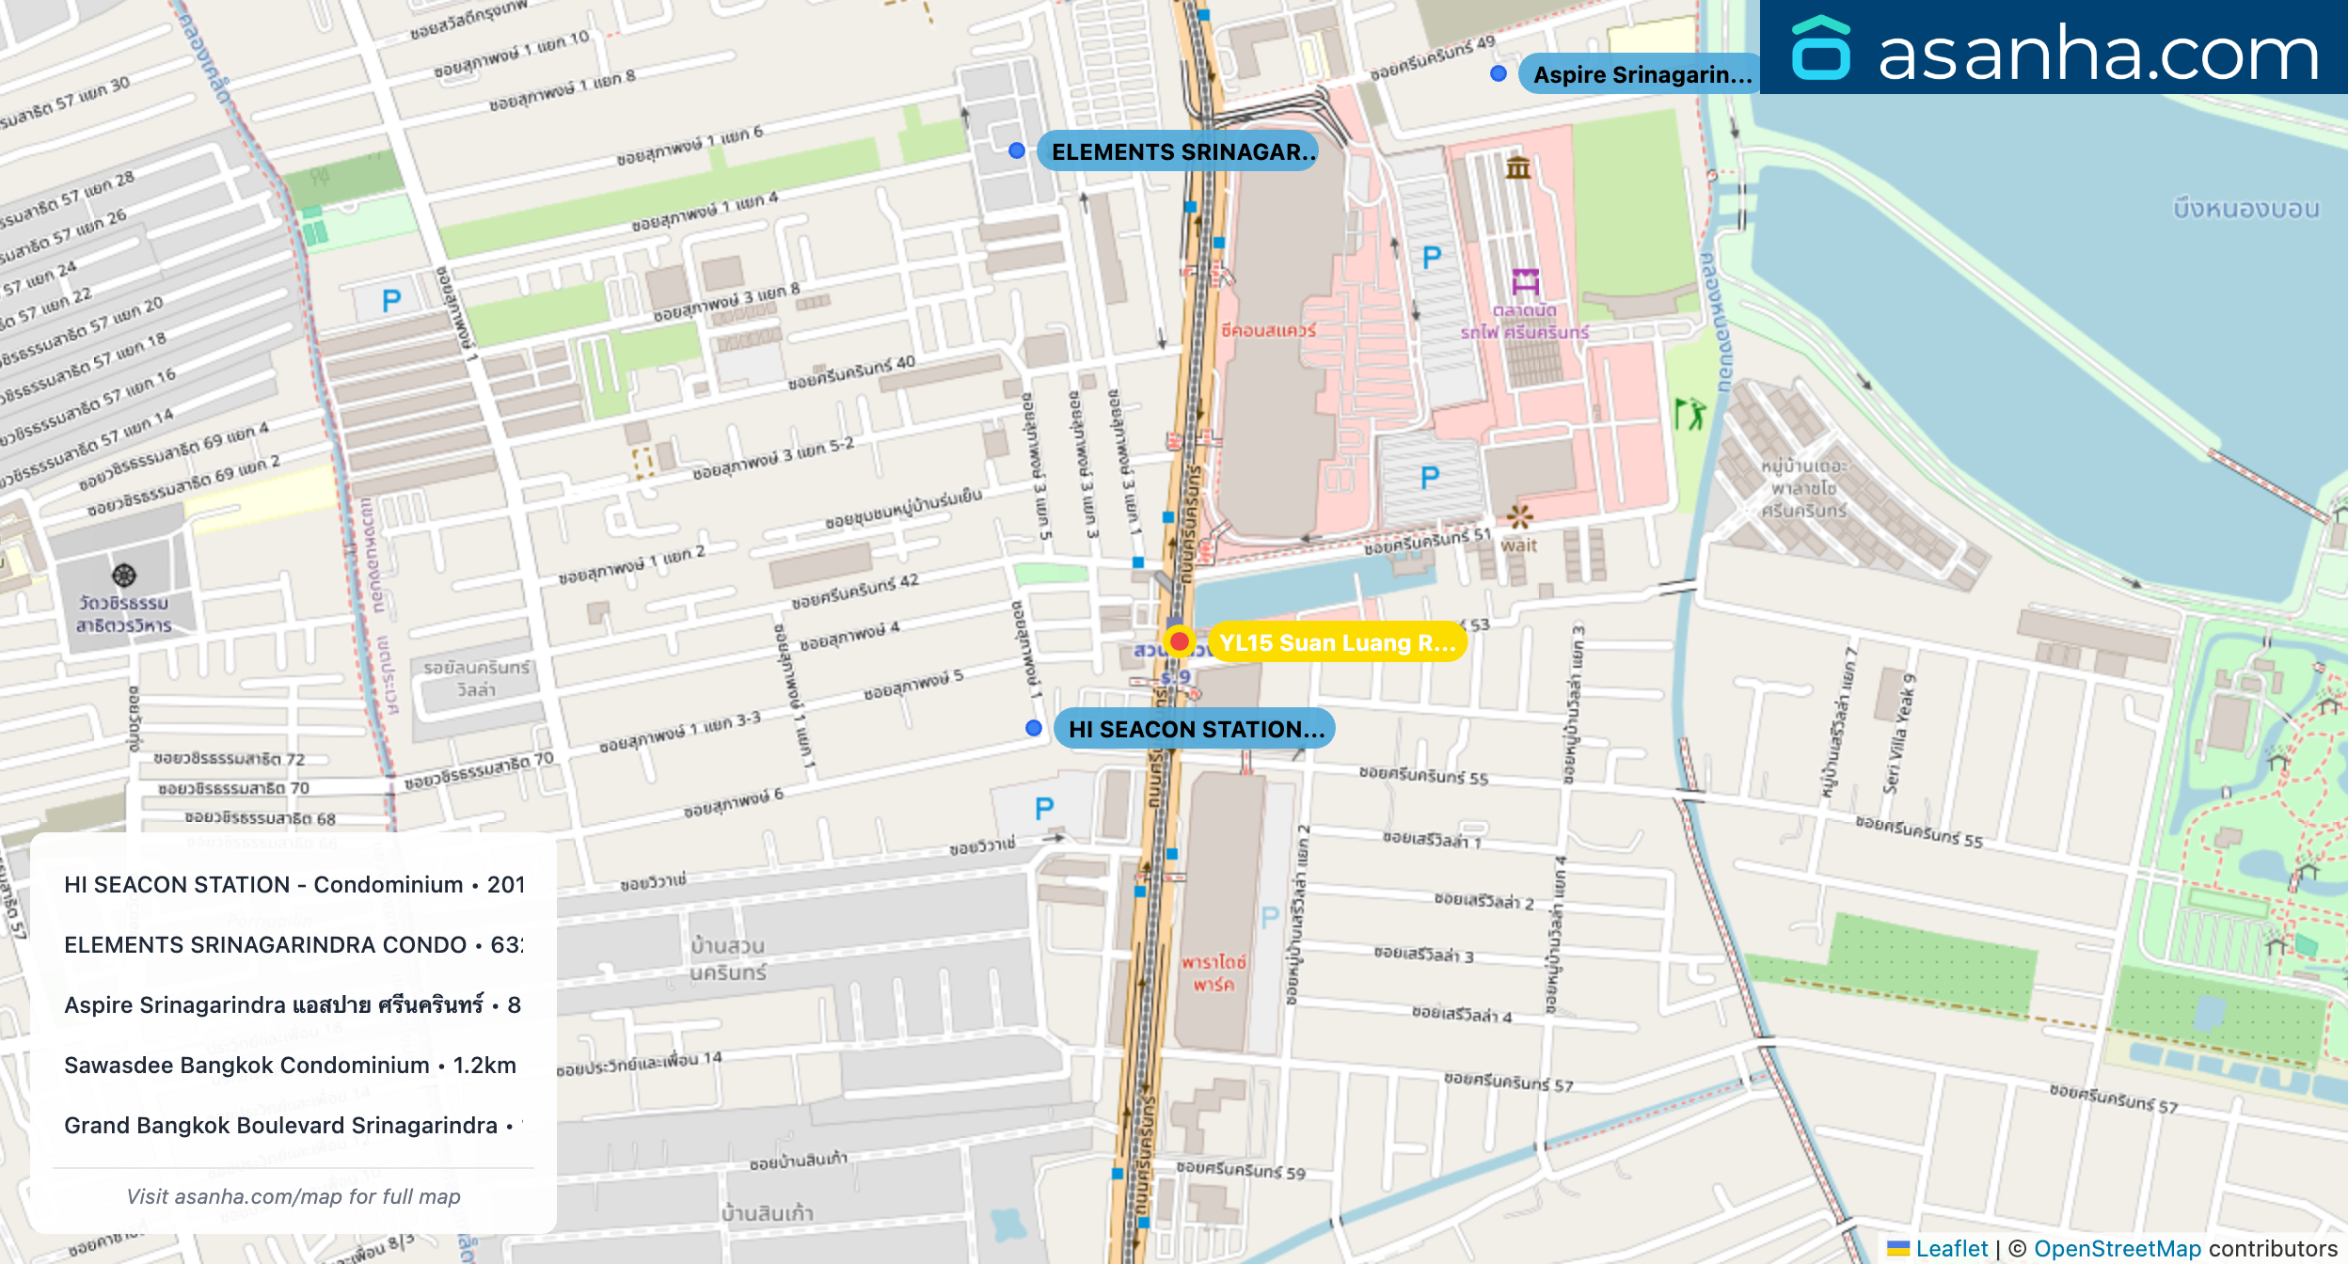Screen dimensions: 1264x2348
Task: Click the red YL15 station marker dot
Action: tap(1179, 641)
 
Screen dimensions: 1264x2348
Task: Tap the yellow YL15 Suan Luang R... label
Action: tap(1337, 642)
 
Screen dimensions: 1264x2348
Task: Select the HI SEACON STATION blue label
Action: tap(1195, 729)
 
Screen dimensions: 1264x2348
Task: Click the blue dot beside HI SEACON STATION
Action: tap(1033, 728)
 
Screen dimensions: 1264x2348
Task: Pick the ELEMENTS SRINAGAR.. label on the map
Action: tap(1177, 151)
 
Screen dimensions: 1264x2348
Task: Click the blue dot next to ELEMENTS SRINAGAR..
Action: tap(1016, 150)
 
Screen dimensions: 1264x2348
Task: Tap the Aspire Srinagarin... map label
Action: tap(1641, 74)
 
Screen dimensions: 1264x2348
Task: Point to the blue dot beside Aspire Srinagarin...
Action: tap(1499, 73)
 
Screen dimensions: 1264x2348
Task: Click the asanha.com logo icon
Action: tap(1820, 49)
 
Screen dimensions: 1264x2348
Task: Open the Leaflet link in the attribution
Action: tap(1951, 1248)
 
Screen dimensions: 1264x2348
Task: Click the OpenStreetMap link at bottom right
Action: tap(2117, 1248)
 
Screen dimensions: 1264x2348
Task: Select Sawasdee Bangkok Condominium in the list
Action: tap(290, 1065)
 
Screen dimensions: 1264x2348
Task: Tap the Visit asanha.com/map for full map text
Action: tap(293, 1196)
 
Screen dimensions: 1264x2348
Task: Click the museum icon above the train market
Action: tap(1518, 168)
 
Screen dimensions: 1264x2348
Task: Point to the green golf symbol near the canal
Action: tap(1690, 413)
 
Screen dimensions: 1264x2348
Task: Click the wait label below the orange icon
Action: tap(1518, 545)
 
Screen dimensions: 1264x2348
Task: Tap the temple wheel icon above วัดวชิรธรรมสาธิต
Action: tap(124, 575)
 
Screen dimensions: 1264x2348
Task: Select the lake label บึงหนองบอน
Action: tap(2245, 209)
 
